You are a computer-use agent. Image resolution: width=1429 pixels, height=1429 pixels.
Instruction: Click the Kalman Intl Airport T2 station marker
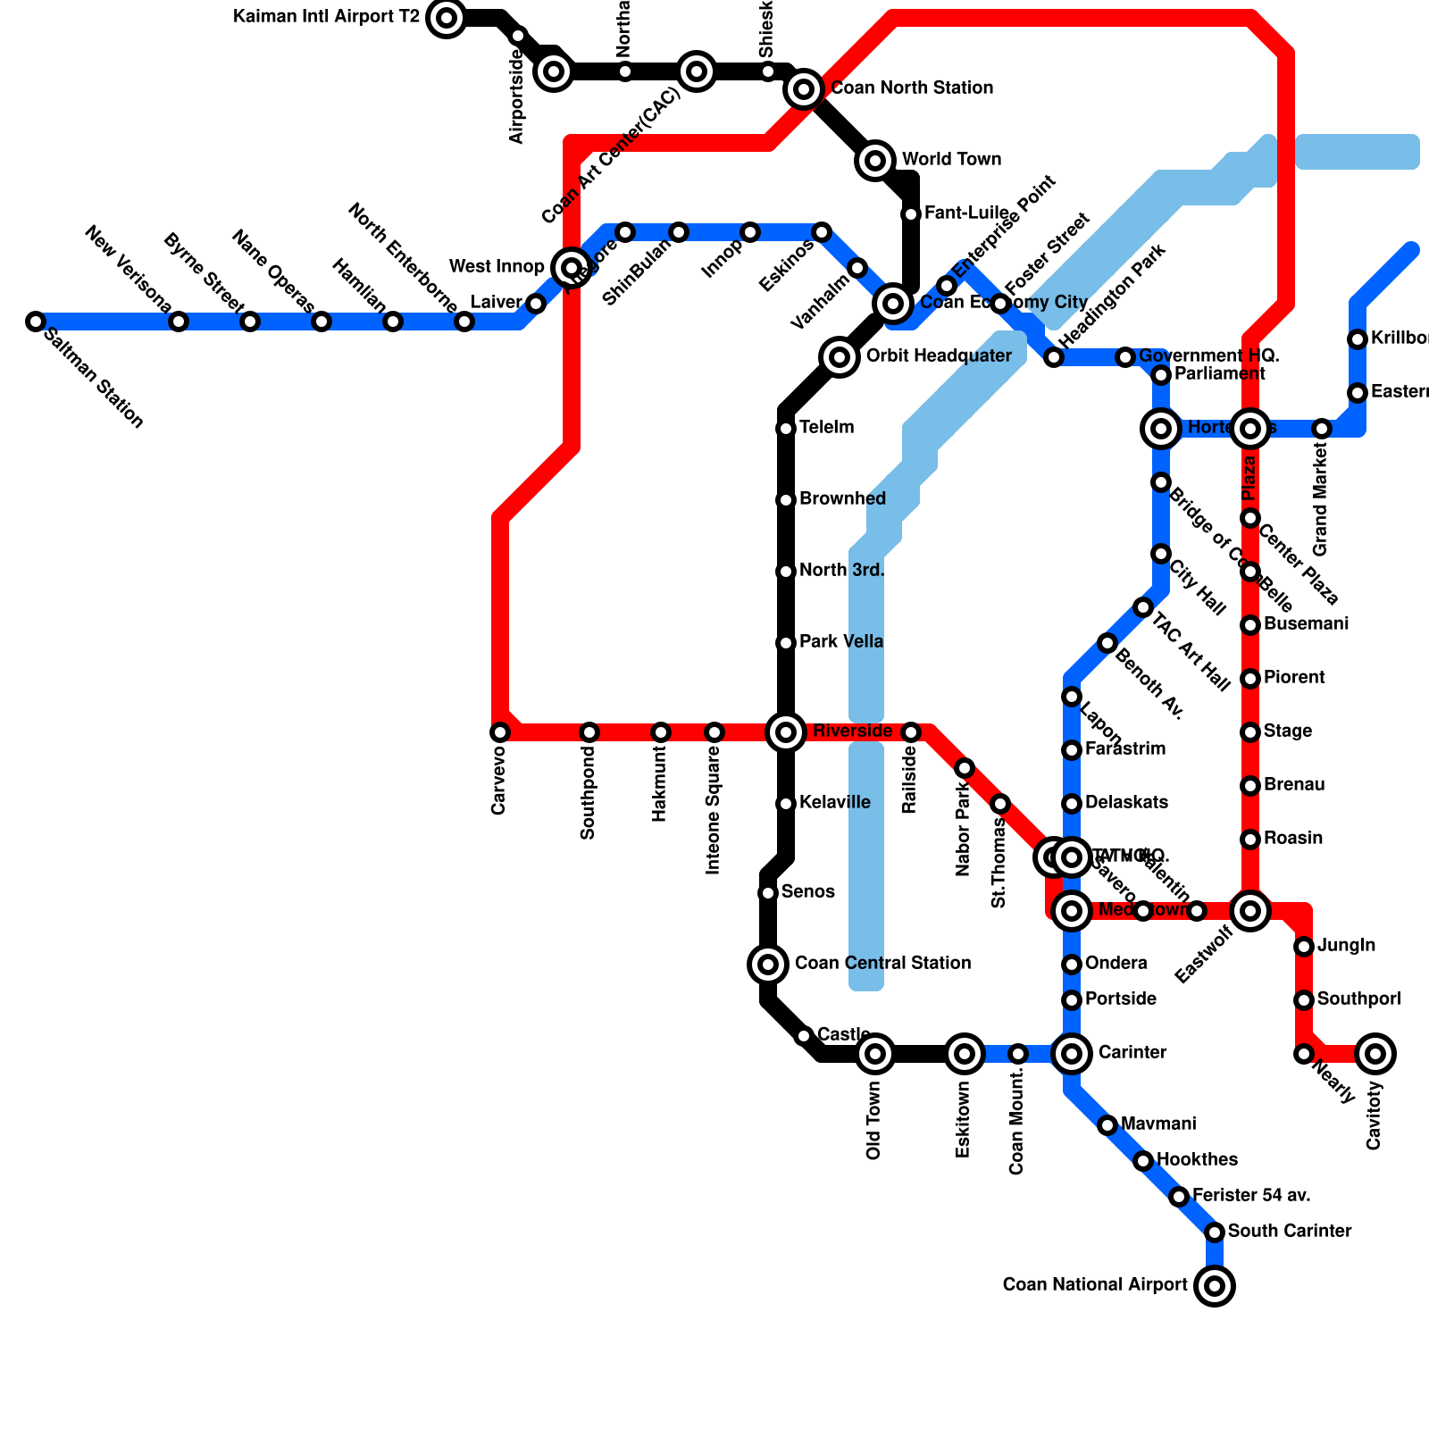click(447, 17)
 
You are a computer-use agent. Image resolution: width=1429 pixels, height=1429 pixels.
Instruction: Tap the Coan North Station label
click(911, 88)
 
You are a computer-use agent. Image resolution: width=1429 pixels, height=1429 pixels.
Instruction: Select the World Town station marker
click(876, 161)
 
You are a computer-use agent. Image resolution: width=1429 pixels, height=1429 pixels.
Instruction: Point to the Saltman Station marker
click(36, 322)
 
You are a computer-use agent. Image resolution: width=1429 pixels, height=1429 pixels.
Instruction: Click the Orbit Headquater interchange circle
click(840, 357)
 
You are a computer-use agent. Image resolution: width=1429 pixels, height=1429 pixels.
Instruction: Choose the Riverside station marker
click(786, 732)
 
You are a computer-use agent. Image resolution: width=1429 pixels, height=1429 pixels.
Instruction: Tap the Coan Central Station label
click(882, 964)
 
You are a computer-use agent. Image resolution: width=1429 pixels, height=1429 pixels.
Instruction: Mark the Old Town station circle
click(875, 1054)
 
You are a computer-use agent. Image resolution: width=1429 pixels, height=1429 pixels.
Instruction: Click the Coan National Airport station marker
click(1215, 1286)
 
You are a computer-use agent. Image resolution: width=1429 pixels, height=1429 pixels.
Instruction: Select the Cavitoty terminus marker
click(1375, 1054)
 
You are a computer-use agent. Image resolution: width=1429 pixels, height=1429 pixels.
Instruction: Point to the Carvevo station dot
click(500, 732)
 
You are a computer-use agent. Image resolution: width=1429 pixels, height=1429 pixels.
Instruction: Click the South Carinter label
click(1290, 1232)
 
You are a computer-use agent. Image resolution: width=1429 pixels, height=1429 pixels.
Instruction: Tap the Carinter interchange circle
click(1072, 1054)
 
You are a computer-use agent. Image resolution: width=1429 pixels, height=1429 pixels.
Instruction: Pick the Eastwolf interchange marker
click(1250, 911)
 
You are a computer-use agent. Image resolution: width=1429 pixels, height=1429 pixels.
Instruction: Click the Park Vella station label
click(841, 642)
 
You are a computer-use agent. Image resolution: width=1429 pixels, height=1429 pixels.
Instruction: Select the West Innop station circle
click(572, 267)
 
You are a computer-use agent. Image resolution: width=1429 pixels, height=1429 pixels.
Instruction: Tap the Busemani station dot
click(1250, 625)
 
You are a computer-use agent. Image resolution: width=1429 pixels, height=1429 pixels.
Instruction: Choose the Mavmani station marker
click(1107, 1125)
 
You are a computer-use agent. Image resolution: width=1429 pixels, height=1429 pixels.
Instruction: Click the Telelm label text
click(826, 428)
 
